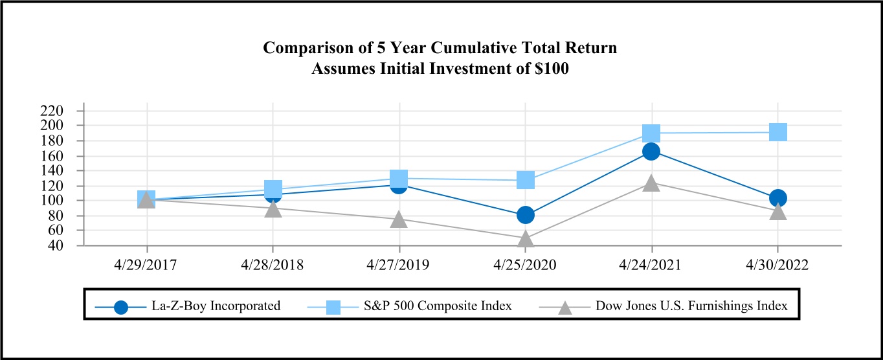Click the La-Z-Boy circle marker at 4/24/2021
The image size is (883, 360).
tap(651, 152)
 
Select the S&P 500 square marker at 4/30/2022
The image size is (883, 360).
tap(777, 132)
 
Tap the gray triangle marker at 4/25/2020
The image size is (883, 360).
tap(526, 239)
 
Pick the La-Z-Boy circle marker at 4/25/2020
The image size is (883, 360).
tap(526, 214)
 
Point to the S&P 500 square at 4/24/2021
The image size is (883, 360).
tap(651, 133)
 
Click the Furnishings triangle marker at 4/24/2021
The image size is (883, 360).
tap(651, 184)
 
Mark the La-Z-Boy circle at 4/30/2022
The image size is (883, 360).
tap(777, 197)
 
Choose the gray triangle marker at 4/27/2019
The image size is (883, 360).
tap(399, 219)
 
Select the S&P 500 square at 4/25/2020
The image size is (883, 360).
tap(526, 179)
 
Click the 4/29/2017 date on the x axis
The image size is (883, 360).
tap(147, 265)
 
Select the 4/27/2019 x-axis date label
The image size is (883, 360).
tap(399, 265)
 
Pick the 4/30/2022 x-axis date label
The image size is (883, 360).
tap(777, 265)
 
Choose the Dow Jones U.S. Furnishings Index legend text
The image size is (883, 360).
tap(691, 306)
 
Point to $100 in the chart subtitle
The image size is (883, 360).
tap(550, 69)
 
